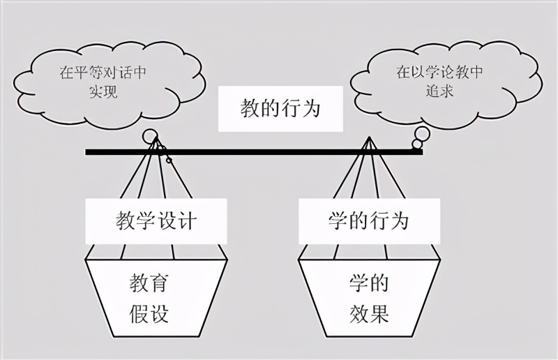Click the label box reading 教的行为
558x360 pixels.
coord(281,110)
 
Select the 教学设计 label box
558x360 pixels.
coord(156,222)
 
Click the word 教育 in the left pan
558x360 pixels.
coord(149,284)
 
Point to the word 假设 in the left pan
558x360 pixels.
coord(149,313)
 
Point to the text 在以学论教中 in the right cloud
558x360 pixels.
coord(439,73)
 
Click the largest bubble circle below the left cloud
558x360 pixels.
coord(150,137)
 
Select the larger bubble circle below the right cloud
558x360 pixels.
coord(421,133)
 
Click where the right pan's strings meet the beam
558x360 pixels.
coord(368,143)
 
